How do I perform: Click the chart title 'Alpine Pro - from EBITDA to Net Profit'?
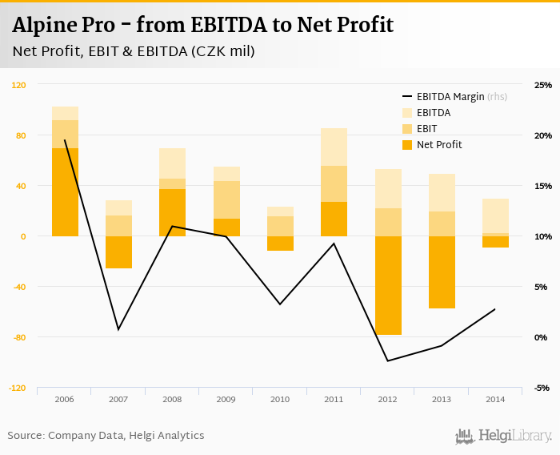pos(202,25)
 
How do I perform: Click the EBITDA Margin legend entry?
pos(450,97)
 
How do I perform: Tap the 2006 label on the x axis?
pos(65,399)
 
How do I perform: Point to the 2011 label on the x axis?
pos(334,399)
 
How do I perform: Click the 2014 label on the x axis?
pos(495,399)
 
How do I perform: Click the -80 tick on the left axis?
pos(19,337)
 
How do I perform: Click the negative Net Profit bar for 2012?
pos(388,285)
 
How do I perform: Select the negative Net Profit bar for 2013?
pos(442,272)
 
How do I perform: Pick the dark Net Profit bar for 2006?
pos(65,192)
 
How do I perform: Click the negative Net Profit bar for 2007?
pos(118,252)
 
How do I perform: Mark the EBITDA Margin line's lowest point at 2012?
pos(388,360)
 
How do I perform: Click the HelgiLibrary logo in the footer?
pos(503,437)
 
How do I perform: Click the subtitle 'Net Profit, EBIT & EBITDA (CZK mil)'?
pos(134,52)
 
